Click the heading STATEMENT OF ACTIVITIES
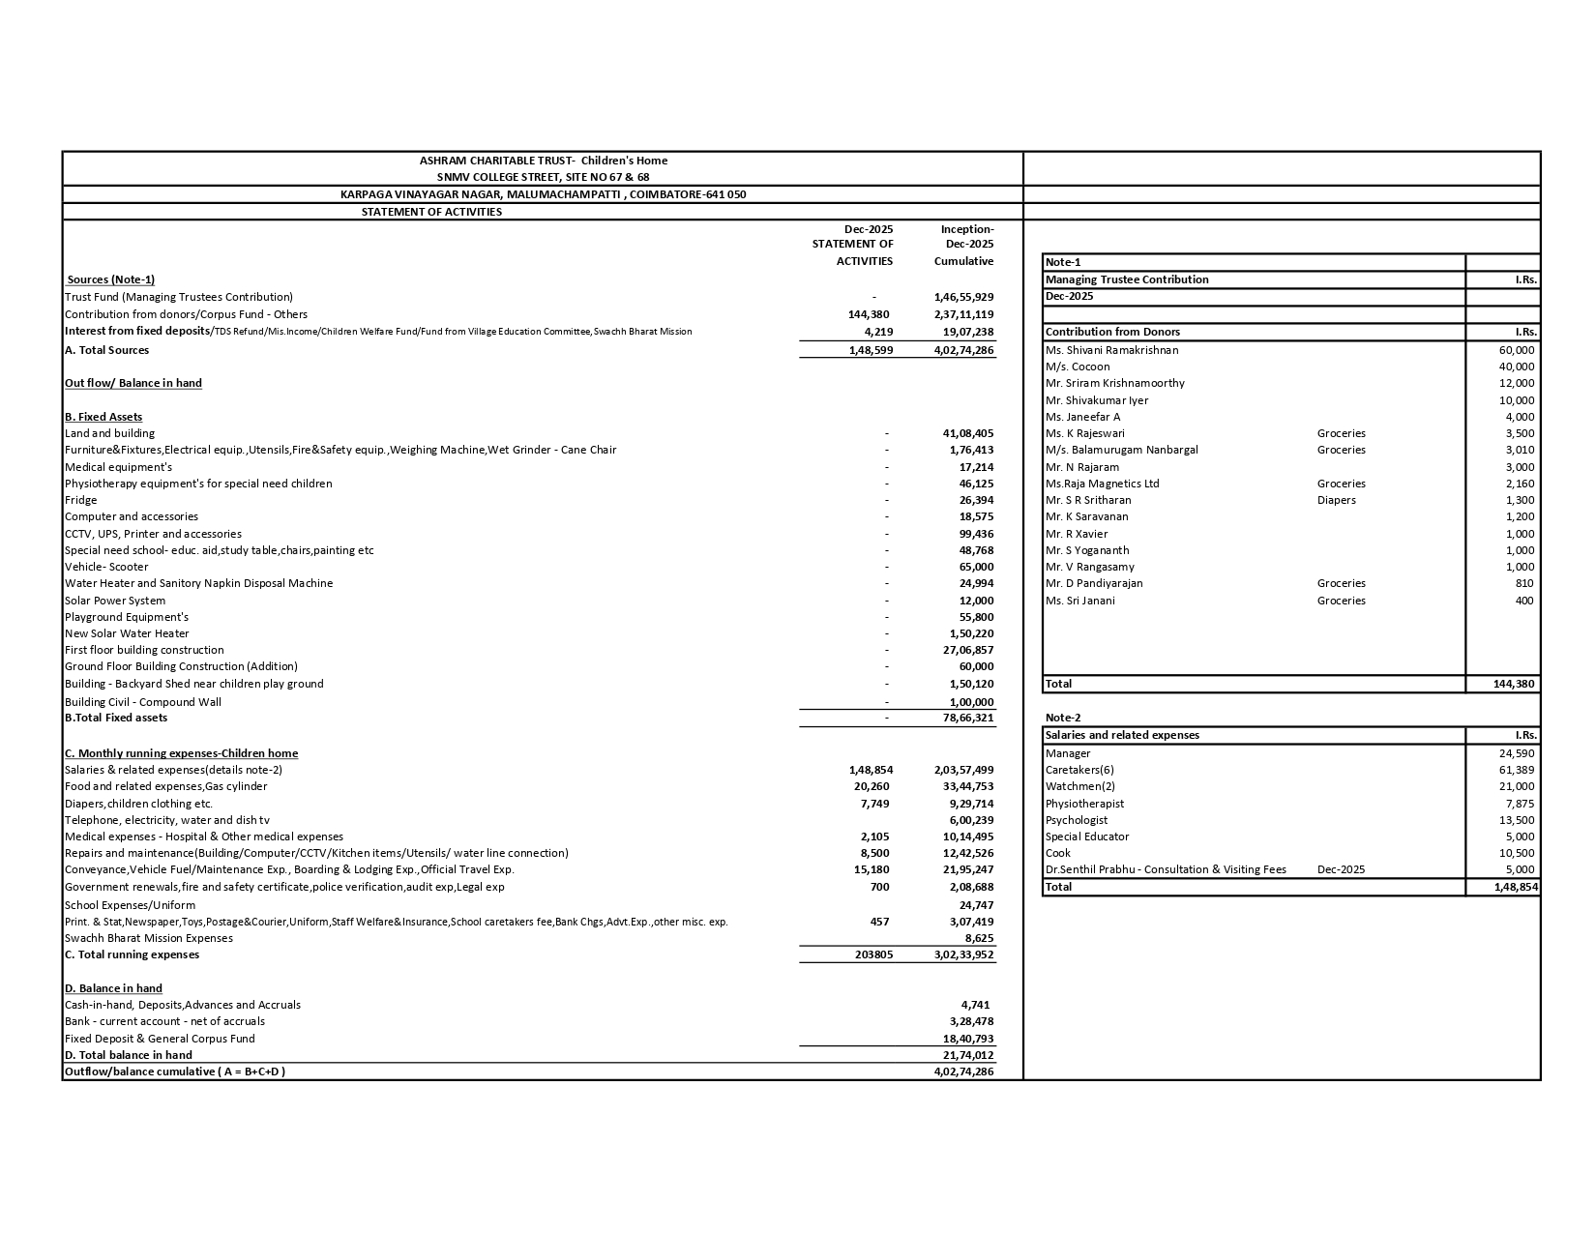[431, 212]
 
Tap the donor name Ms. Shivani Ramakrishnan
[1111, 350]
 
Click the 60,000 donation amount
[1516, 350]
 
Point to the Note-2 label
[1063, 718]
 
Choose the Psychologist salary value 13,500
[1517, 820]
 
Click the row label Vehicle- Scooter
[106, 567]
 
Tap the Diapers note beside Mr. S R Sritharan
[1336, 500]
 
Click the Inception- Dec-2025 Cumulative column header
[965, 245]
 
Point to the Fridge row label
[81, 500]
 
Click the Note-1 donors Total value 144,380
[1514, 684]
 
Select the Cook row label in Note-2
[1057, 853]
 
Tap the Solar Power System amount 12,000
[976, 601]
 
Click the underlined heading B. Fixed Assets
[103, 417]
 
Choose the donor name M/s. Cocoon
[1078, 367]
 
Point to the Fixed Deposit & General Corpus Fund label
[160, 1039]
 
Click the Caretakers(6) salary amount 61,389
[1517, 770]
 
